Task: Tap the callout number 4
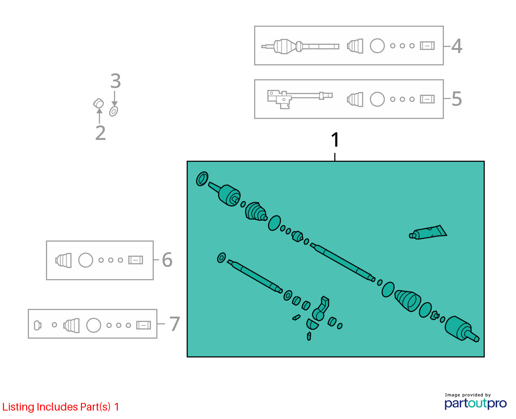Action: click(x=457, y=46)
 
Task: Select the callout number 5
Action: click(x=457, y=99)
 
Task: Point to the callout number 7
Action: click(x=175, y=324)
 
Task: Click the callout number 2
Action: click(x=100, y=133)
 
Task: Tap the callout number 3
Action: click(x=116, y=81)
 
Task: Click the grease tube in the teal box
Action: click(x=428, y=232)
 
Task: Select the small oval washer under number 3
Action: click(x=113, y=112)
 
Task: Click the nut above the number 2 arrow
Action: click(x=99, y=103)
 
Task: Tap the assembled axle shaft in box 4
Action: click(x=300, y=46)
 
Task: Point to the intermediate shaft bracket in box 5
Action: click(x=300, y=99)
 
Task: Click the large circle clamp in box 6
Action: click(x=86, y=260)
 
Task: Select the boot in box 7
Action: click(x=71, y=325)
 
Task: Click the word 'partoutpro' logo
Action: click(x=476, y=404)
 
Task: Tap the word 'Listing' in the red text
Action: click(x=19, y=407)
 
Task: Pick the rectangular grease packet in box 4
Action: click(x=427, y=46)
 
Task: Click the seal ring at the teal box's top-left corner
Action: click(x=202, y=179)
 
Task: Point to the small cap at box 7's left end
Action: click(x=38, y=325)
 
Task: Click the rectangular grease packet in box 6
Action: click(x=136, y=260)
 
